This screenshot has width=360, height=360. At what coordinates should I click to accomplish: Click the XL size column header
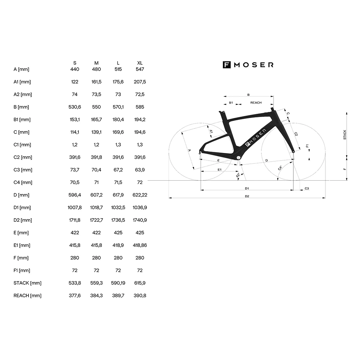(140, 63)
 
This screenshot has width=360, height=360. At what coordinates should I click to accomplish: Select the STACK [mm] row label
(27, 283)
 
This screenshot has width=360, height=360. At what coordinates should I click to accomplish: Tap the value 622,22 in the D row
(140, 195)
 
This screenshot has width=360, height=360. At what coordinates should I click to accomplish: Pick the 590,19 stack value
(118, 283)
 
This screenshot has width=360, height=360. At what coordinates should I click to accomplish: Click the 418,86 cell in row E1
(140, 245)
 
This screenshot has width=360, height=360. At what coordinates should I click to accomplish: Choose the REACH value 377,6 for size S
(75, 296)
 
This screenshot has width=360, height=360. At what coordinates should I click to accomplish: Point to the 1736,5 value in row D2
(118, 220)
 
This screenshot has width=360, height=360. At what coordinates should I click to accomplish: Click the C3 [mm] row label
(23, 170)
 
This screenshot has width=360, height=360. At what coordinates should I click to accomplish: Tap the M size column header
(96, 63)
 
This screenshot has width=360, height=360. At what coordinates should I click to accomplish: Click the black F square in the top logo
(226, 65)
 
